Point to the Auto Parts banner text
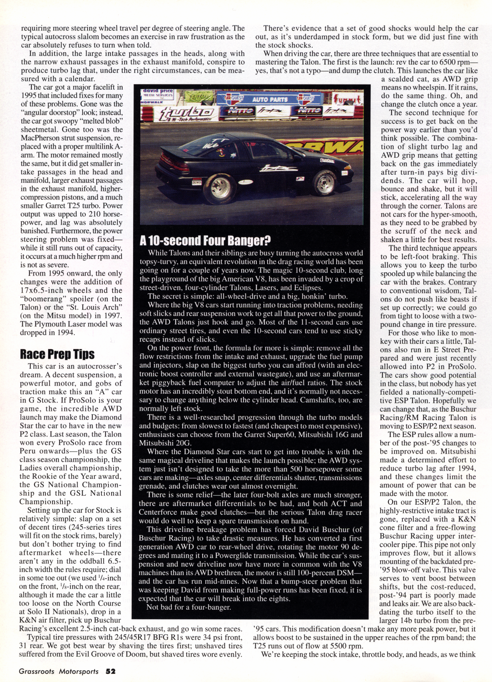click(270, 99)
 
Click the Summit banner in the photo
click(348, 100)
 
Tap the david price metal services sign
click(158, 94)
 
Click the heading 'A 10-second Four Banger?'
click(205, 241)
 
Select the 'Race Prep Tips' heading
click(57, 354)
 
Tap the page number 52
click(111, 671)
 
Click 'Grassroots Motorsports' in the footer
click(59, 671)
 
